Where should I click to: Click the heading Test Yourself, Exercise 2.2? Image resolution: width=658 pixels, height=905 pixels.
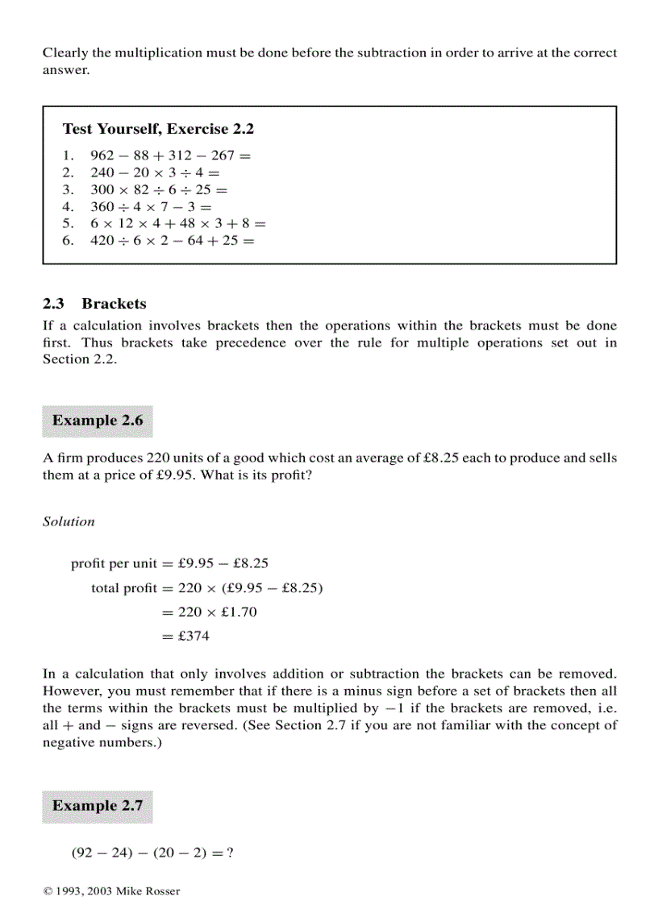tap(158, 129)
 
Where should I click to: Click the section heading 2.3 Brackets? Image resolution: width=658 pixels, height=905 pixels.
tap(94, 304)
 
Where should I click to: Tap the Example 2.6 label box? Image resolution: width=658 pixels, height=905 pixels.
tap(98, 421)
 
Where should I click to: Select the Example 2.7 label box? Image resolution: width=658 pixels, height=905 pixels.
tap(98, 806)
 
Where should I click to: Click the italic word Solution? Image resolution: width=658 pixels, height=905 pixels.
tap(69, 521)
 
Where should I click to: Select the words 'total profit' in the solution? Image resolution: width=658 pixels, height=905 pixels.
tap(123, 588)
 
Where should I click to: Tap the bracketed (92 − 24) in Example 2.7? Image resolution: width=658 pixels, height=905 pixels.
tap(101, 852)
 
